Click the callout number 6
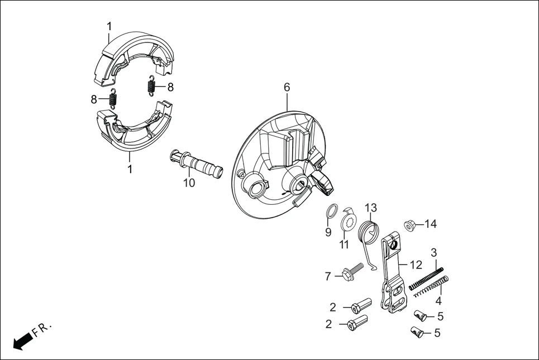(287, 88)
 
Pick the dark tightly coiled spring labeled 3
(427, 278)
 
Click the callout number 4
(438, 301)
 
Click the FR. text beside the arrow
(42, 329)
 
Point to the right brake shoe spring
(150, 85)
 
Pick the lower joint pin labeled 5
(417, 333)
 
